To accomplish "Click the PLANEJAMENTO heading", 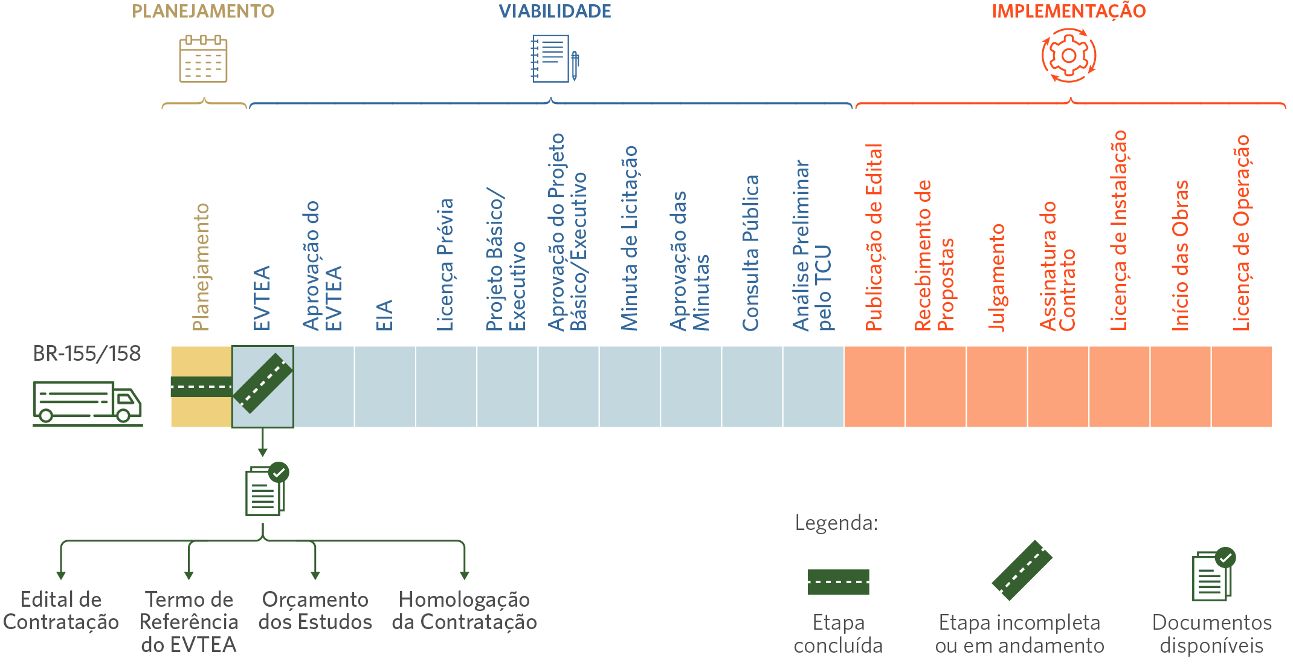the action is (x=203, y=11).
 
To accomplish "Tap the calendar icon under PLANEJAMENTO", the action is (x=203, y=59).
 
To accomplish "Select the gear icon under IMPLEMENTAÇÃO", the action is (x=1069, y=56).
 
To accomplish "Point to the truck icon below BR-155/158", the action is (x=88, y=403).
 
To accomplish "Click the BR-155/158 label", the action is (x=87, y=353).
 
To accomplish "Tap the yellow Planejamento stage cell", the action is (x=201, y=387).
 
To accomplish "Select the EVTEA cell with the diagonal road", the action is (x=263, y=387).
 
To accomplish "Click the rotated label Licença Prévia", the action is (x=445, y=265).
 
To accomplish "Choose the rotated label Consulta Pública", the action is (x=750, y=253).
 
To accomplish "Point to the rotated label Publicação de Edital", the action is (x=874, y=237).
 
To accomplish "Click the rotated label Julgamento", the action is (x=997, y=277).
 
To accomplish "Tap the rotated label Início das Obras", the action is (x=1181, y=256).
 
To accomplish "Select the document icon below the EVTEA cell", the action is (x=266, y=489).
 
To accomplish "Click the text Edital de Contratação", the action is (x=61, y=610).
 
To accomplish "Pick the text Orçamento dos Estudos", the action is (x=315, y=610).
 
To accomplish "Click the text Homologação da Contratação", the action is (x=464, y=610).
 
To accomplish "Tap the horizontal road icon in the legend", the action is (x=839, y=582).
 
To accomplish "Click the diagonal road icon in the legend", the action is (x=1022, y=570).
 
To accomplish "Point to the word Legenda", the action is (x=836, y=523).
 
